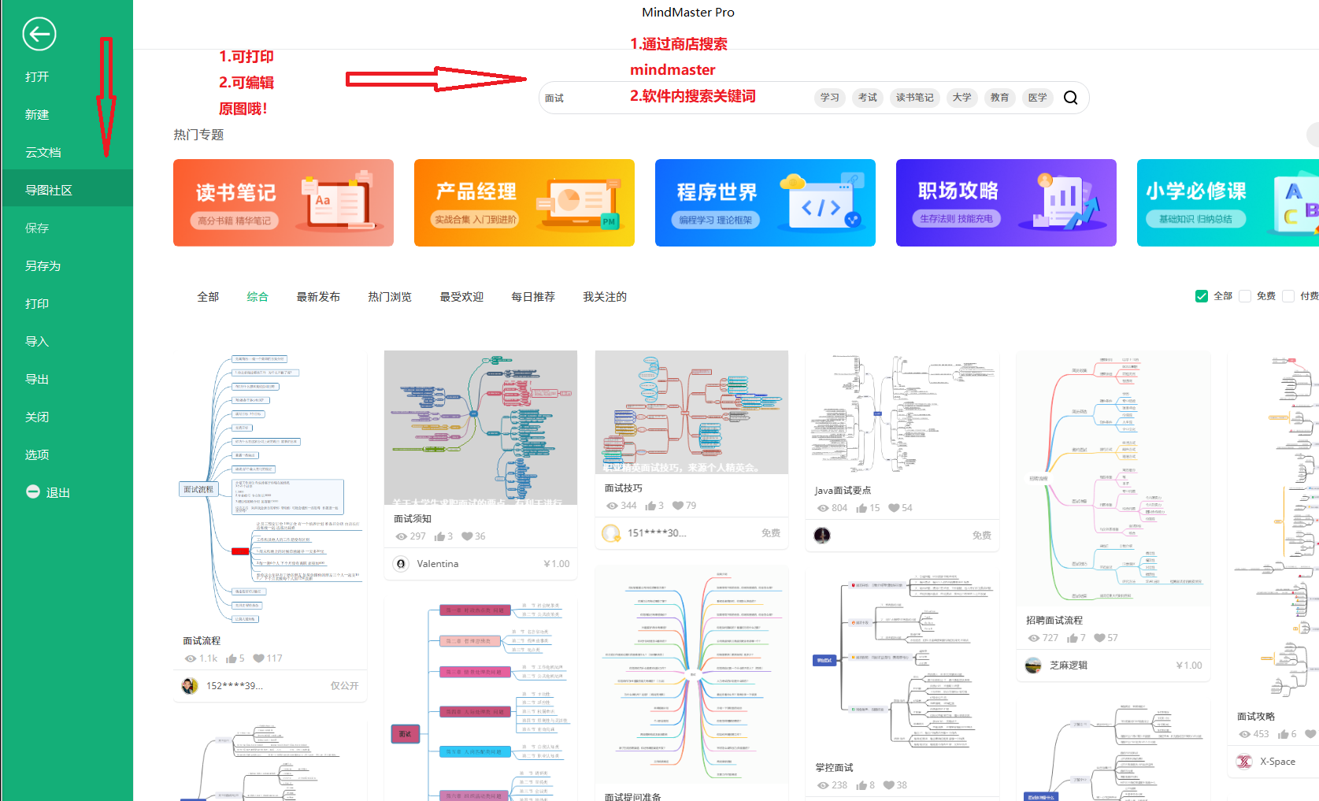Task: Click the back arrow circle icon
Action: tap(39, 34)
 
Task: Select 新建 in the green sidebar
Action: tap(37, 115)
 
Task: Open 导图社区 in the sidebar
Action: tap(49, 191)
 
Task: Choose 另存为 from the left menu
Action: tap(43, 266)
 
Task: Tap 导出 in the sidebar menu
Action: tap(37, 380)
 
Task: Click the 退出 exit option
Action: tap(49, 493)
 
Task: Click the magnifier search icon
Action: tap(1070, 98)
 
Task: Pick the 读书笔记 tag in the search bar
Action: tap(914, 98)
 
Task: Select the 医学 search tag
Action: tap(1037, 98)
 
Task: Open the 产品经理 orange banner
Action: tap(524, 203)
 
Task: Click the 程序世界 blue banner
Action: tap(765, 203)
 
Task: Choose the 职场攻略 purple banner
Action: tap(1006, 203)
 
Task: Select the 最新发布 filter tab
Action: tap(318, 297)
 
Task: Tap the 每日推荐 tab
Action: tap(533, 297)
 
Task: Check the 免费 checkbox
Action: tap(1245, 296)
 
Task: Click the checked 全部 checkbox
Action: tap(1202, 296)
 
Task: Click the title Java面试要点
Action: tap(843, 491)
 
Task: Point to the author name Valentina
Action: tap(437, 564)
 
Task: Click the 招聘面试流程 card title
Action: tap(1054, 621)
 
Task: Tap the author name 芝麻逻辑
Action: tap(1068, 666)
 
